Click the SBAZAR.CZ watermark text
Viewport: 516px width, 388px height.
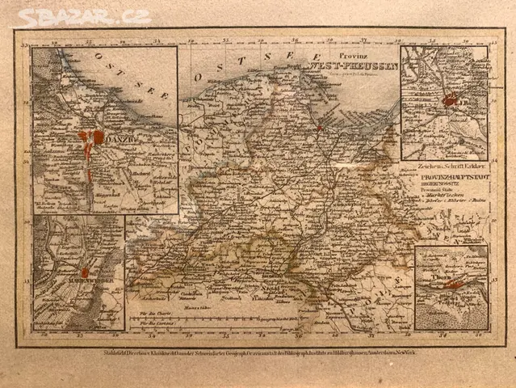point(84,17)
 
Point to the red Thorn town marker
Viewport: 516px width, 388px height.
point(455,284)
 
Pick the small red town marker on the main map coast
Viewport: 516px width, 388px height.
point(321,128)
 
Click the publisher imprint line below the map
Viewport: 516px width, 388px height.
point(258,352)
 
